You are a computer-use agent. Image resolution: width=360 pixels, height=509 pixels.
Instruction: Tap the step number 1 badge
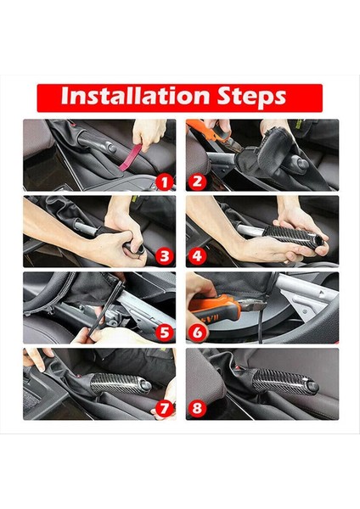(x=165, y=181)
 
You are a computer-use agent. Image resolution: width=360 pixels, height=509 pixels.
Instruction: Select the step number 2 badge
(x=197, y=181)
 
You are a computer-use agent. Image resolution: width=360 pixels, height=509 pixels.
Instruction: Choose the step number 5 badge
(x=165, y=333)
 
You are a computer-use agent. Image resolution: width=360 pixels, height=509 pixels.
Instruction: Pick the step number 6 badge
(x=197, y=333)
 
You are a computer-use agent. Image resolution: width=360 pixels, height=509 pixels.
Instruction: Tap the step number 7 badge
(x=165, y=409)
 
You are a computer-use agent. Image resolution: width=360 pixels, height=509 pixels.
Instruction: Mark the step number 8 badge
(x=197, y=409)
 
